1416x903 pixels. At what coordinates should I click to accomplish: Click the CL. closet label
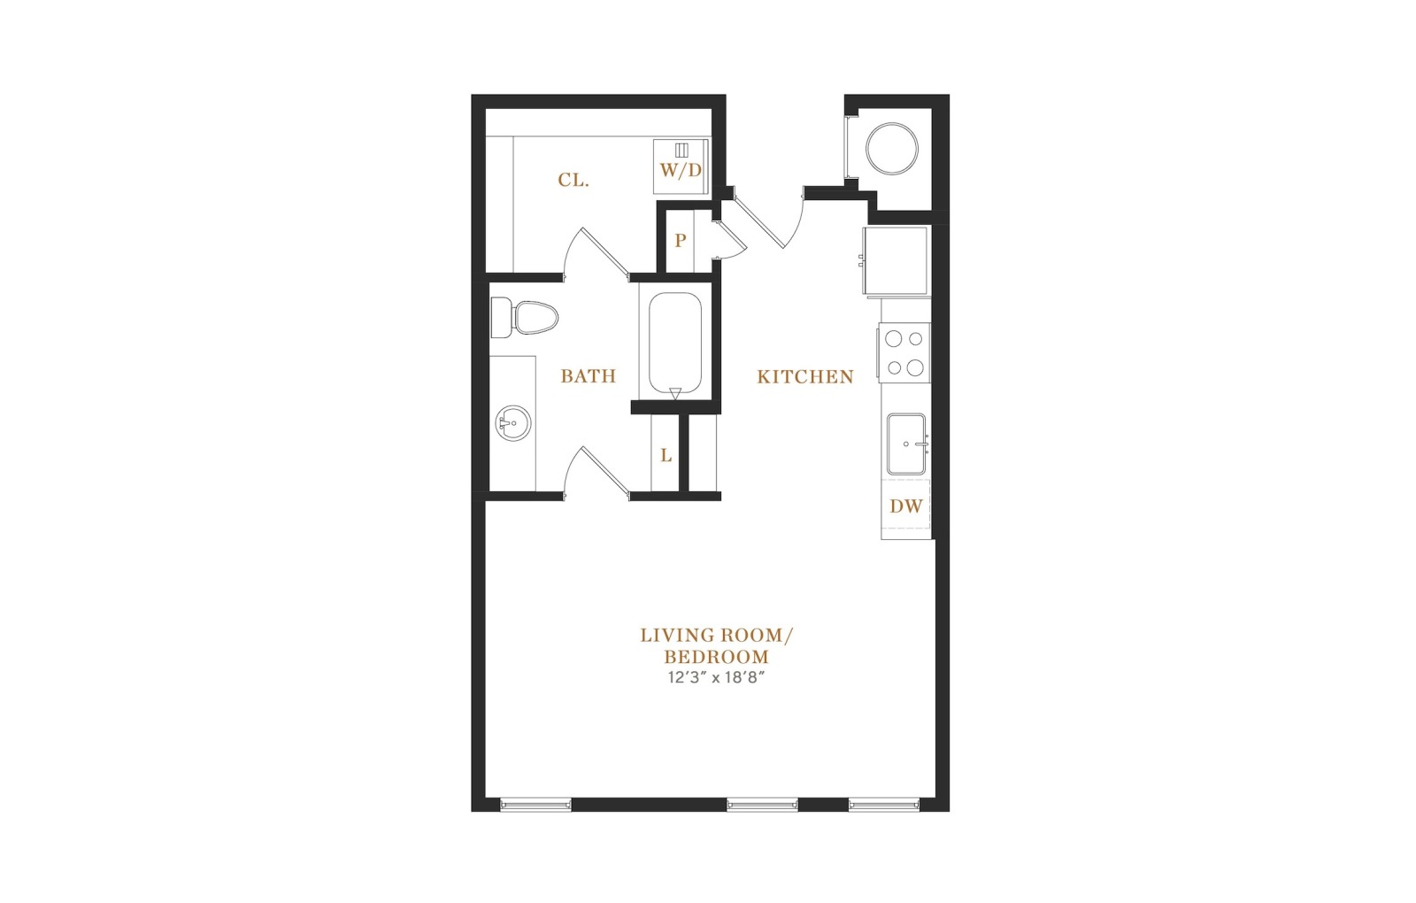click(573, 181)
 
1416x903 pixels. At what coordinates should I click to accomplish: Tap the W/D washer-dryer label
click(681, 170)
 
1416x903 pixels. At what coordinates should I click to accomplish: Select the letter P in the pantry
click(681, 240)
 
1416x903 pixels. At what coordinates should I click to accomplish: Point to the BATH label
click(588, 376)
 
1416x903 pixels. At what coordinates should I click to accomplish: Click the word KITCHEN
click(805, 377)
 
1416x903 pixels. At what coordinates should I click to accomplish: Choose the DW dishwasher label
click(906, 506)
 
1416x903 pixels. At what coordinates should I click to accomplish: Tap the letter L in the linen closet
click(666, 455)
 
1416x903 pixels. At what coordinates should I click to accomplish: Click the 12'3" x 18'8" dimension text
click(717, 677)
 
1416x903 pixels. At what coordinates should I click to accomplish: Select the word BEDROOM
click(716, 656)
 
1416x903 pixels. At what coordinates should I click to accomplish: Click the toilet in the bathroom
click(524, 318)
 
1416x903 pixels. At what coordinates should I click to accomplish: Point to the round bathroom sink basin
click(512, 423)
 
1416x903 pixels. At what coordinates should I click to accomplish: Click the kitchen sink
click(906, 444)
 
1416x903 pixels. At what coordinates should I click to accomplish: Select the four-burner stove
click(904, 353)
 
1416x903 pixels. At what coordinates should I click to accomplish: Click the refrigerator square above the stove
click(896, 260)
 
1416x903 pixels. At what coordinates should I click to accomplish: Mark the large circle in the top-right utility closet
click(891, 149)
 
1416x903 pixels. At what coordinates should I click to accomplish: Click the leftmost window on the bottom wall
click(535, 805)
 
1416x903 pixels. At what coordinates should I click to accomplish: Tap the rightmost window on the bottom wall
click(884, 805)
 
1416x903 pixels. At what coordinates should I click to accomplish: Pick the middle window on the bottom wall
click(762, 805)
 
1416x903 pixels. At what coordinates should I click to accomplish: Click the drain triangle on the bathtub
click(675, 394)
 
